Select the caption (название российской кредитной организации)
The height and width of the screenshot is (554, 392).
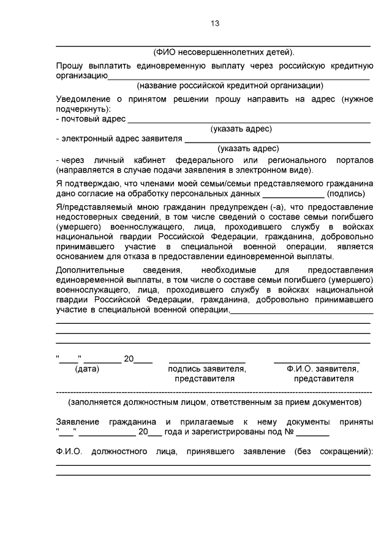coord(230,85)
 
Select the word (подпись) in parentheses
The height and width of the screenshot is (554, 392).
coord(348,193)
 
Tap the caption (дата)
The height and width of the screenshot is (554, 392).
coord(87,369)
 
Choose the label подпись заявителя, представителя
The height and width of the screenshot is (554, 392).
coord(207,373)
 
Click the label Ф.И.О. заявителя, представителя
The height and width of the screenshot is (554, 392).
coord(322,373)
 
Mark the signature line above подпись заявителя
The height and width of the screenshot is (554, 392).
coord(207,362)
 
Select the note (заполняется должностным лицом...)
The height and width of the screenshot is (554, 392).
coord(214,402)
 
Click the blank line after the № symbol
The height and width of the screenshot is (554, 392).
coord(316,436)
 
